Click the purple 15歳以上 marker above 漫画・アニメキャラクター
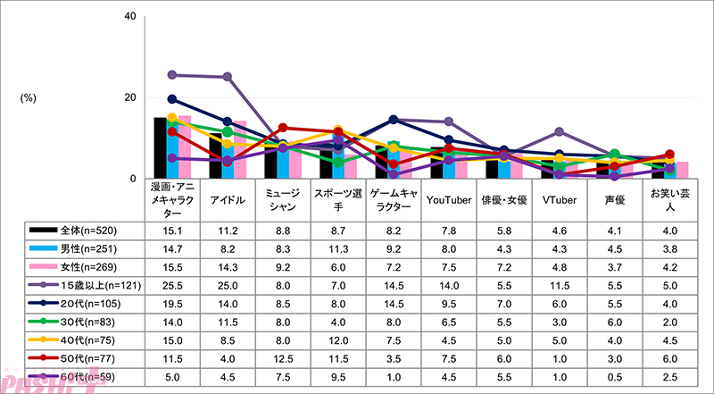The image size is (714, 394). tap(171, 75)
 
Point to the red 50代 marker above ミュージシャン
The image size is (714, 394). tap(282, 128)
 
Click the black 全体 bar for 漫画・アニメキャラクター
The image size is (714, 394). tap(160, 148)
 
